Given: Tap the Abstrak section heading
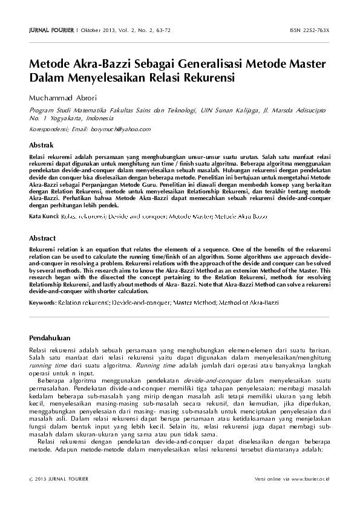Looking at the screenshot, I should (42, 146).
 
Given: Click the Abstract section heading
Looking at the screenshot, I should (42, 238).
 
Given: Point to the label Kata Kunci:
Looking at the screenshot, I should (44, 216).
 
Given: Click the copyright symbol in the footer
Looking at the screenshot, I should (31, 479).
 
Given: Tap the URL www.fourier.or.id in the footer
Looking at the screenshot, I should (310, 479).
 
